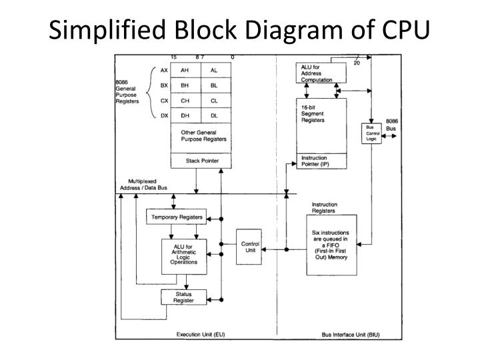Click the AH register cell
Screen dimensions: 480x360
click(x=185, y=70)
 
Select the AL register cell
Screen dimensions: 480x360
click(x=216, y=70)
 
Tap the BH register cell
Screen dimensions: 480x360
click(x=185, y=85)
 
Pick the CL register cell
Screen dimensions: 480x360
click(x=216, y=101)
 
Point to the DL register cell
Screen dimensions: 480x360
click(x=216, y=115)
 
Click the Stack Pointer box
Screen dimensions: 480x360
click(x=201, y=161)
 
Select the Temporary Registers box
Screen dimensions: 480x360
click(x=176, y=217)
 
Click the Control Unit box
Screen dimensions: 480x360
click(x=249, y=247)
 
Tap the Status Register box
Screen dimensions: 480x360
click(x=184, y=297)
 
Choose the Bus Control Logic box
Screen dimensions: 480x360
click(x=371, y=133)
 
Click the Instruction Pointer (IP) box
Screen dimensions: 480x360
click(x=322, y=161)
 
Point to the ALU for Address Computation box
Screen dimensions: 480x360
click(x=321, y=73)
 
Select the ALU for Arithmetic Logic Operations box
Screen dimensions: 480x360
click(x=184, y=257)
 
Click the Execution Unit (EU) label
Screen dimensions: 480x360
click(x=201, y=334)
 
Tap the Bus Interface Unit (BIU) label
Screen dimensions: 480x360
click(x=351, y=335)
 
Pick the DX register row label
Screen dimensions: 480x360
click(x=165, y=116)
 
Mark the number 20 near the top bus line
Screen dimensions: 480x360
click(x=357, y=63)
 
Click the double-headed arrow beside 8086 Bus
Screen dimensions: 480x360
click(x=389, y=136)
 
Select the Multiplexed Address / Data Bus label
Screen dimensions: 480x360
click(x=143, y=185)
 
